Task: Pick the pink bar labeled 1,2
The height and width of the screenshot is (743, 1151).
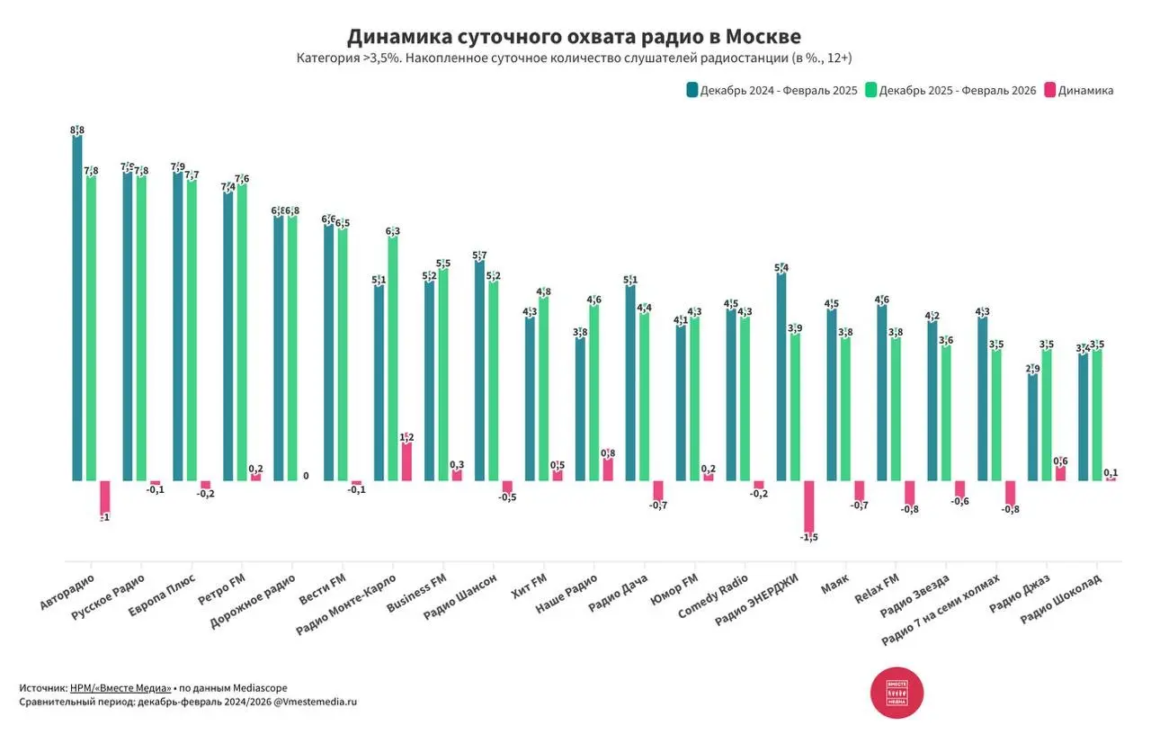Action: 406,461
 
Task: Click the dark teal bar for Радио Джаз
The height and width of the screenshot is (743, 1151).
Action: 1032,426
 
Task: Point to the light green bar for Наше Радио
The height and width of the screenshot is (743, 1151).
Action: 593,393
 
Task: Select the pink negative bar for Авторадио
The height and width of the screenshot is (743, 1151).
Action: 105,498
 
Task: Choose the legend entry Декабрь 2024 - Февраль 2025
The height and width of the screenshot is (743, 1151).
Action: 772,90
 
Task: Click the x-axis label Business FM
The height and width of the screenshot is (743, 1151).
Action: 415,593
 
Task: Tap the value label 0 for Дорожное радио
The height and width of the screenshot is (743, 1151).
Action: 306,476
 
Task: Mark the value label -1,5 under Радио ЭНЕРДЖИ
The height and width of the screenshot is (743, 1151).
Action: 808,538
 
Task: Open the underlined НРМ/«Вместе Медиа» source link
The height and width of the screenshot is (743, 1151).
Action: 120,687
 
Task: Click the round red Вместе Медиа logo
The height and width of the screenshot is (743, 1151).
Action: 897,693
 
